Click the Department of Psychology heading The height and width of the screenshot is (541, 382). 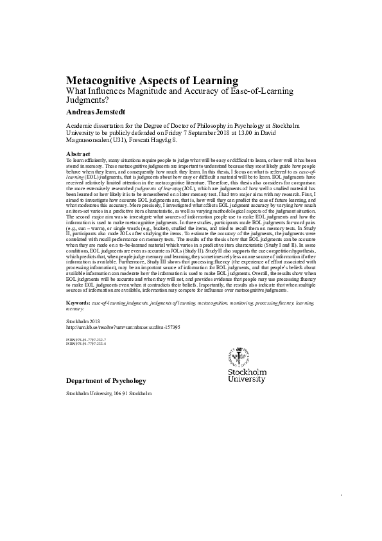tap(106, 382)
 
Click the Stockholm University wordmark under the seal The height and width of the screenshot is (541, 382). tap(247, 375)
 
